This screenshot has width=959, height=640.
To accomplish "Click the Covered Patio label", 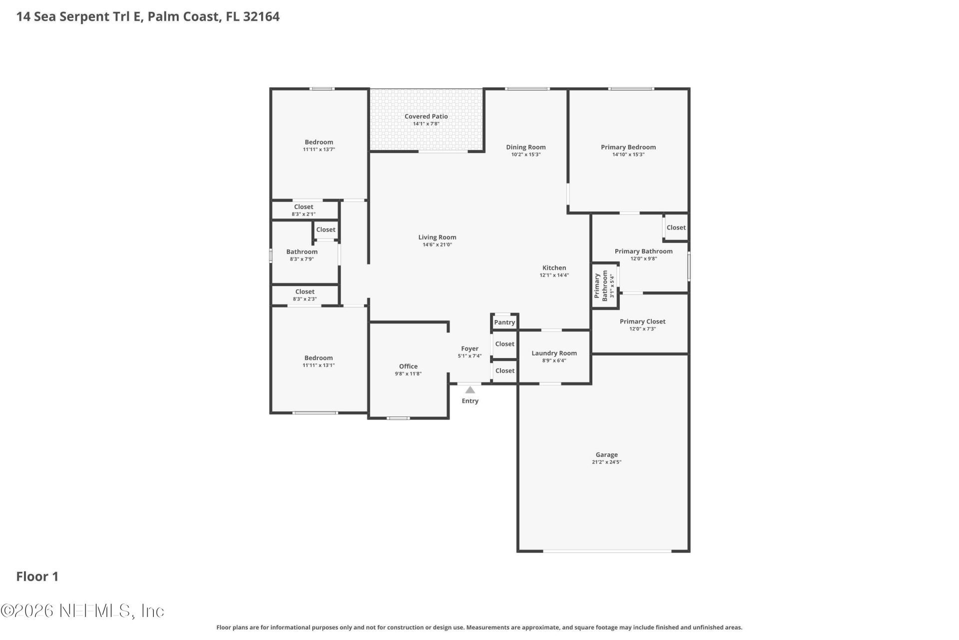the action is point(426,116).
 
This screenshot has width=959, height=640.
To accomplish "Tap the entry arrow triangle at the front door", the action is point(470,390).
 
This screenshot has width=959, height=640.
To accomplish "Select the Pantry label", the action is point(504,322).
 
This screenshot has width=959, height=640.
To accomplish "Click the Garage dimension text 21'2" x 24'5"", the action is point(606,462).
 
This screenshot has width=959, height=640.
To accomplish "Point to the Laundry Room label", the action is point(554,353).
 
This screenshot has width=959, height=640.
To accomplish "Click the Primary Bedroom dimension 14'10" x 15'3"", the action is point(628,154).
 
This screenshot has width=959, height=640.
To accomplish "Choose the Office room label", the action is point(408,366).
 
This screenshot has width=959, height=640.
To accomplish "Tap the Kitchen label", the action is point(554,268).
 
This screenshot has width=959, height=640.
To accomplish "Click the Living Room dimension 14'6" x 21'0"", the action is point(437,245).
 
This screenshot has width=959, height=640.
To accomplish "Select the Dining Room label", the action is point(526,147).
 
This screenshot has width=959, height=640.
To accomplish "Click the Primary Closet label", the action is point(642,321).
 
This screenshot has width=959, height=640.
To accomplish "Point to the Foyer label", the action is point(470,348).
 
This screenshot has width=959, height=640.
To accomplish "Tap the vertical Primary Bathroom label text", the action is point(601,286).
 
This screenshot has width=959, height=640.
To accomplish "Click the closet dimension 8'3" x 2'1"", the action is point(304,214).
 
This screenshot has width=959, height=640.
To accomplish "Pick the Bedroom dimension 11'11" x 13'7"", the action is point(319,149).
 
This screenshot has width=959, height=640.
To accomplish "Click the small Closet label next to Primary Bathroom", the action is point(676,227).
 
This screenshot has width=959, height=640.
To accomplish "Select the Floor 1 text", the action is point(37,576).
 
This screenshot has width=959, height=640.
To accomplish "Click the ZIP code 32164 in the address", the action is point(261,16).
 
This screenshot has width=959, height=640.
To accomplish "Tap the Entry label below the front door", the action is point(470,401).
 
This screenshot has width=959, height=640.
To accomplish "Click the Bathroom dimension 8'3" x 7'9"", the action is point(302,259).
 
